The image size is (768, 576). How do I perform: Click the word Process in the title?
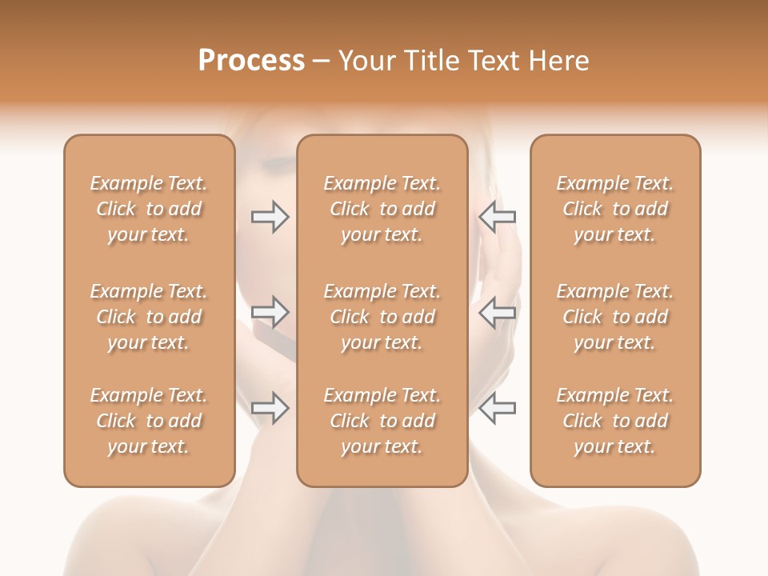[251, 61]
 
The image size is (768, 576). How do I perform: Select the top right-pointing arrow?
[270, 217]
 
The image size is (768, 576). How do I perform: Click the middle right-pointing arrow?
[270, 312]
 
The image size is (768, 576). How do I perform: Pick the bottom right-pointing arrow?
[270, 408]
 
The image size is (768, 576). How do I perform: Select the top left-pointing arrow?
[497, 217]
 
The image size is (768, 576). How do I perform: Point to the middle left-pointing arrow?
[497, 312]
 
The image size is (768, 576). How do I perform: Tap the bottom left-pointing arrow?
[497, 408]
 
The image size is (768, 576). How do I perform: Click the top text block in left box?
[149, 209]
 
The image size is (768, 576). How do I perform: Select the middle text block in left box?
[149, 317]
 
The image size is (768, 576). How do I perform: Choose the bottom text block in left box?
[149, 421]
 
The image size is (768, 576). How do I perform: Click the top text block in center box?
[382, 209]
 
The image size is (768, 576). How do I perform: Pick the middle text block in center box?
[382, 317]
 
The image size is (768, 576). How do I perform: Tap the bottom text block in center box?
[382, 421]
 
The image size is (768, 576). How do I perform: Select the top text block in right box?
[615, 209]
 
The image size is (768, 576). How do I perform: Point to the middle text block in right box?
[615, 317]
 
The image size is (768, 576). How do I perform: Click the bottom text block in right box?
[615, 421]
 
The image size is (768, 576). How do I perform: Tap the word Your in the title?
[366, 61]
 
